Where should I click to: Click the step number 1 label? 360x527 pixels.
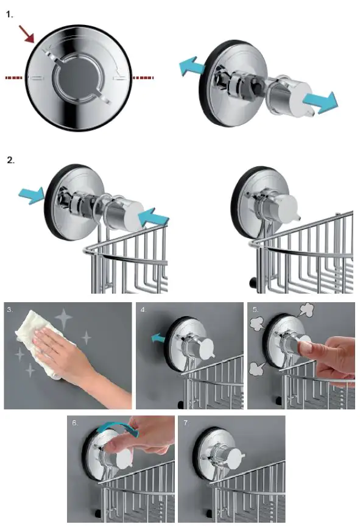coord(9,15)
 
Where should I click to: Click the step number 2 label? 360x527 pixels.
coord(10,160)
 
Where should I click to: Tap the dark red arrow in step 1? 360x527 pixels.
coord(27,34)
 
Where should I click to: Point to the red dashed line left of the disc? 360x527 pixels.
coord(14,77)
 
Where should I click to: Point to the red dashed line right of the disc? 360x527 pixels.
coord(143,77)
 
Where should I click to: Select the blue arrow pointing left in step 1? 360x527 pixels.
coord(192,66)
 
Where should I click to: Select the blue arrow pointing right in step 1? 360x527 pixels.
coord(320,102)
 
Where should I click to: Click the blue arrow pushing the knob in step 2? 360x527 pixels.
coord(154,217)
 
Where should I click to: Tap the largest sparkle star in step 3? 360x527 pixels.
coord(63,319)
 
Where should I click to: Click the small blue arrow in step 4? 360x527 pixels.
coord(158,338)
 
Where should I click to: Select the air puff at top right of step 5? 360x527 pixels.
coord(305,310)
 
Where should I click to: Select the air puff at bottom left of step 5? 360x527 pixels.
coord(258,369)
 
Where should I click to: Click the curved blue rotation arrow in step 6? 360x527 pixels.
coord(118,428)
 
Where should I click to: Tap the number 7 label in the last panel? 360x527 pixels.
coord(186,422)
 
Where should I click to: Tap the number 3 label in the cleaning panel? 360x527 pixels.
coord(10,309)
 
